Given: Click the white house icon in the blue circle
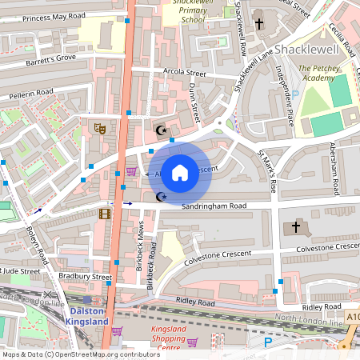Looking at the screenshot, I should [x=180, y=172].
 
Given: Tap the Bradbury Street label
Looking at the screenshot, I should [x=85, y=276].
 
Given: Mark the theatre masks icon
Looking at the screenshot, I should [x=100, y=128].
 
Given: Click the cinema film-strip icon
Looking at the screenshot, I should [x=104, y=213].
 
